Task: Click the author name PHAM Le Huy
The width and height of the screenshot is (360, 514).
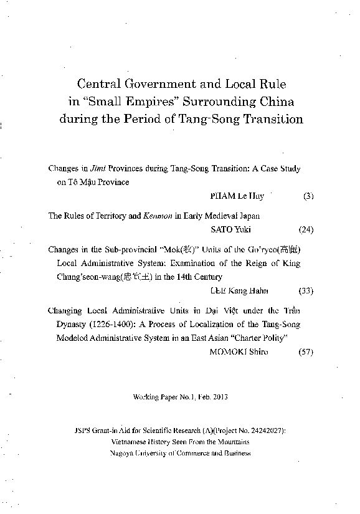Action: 238,196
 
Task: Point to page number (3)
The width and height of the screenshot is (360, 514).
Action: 308,196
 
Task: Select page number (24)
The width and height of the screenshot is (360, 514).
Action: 306,229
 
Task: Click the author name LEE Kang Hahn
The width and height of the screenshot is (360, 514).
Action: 238,290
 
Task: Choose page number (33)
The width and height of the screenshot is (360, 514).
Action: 306,290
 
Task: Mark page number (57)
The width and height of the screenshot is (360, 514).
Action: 306,351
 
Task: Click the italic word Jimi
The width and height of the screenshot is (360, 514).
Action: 98,168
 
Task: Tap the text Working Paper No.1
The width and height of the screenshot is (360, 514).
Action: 164,397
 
